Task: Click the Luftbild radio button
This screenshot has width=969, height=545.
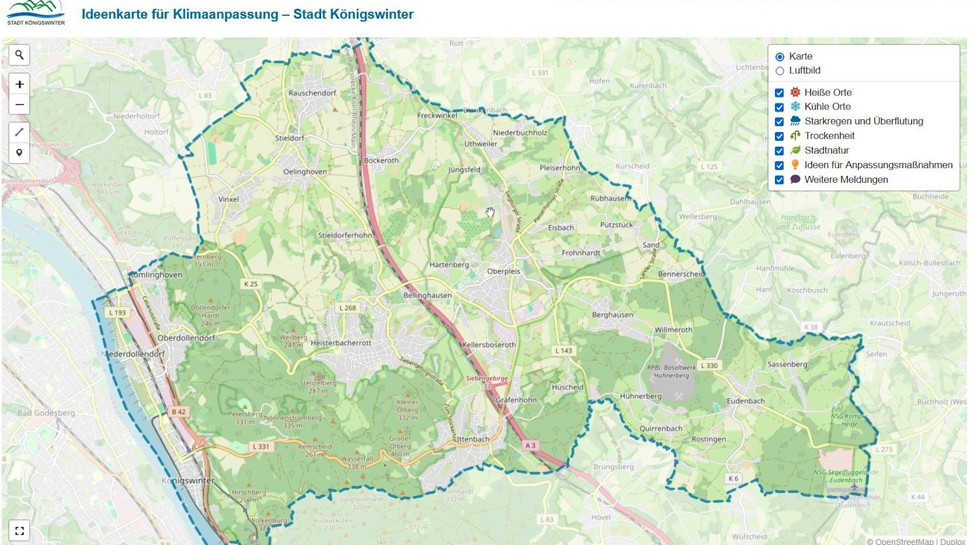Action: tap(779, 71)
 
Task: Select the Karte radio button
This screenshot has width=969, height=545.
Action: tap(779, 57)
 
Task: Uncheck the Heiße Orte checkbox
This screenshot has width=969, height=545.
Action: tap(779, 93)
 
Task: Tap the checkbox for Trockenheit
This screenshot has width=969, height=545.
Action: tap(779, 136)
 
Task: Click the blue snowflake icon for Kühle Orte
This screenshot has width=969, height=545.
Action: tap(795, 107)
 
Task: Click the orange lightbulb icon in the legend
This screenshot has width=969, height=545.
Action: tap(795, 165)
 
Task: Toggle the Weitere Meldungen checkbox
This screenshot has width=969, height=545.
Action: tap(779, 180)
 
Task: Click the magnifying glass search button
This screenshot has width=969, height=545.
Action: tap(19, 55)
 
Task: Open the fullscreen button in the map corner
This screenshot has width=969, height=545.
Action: tap(19, 530)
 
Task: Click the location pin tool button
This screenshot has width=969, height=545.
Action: tap(19, 153)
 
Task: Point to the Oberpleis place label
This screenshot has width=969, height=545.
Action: tap(503, 271)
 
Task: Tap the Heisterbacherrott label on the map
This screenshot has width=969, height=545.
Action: tap(341, 343)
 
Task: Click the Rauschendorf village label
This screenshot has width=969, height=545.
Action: tap(312, 93)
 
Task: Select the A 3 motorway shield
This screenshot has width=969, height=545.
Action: tap(530, 445)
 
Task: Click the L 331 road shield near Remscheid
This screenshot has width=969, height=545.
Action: tap(261, 446)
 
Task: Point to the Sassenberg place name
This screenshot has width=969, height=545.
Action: tap(787, 364)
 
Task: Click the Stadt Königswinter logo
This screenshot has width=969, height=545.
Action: tap(36, 13)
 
